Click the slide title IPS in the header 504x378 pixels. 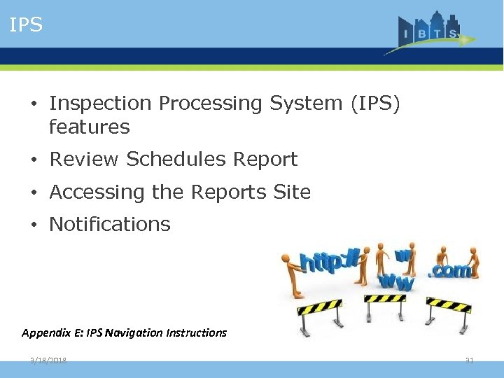[27, 25]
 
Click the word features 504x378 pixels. [90, 127]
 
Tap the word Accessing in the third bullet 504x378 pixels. [92, 192]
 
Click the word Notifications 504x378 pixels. [110, 225]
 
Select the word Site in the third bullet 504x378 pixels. [292, 192]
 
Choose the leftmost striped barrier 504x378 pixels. [320, 311]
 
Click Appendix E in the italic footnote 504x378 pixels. [51, 333]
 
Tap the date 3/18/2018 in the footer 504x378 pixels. [48, 360]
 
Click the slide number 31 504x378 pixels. [470, 360]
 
